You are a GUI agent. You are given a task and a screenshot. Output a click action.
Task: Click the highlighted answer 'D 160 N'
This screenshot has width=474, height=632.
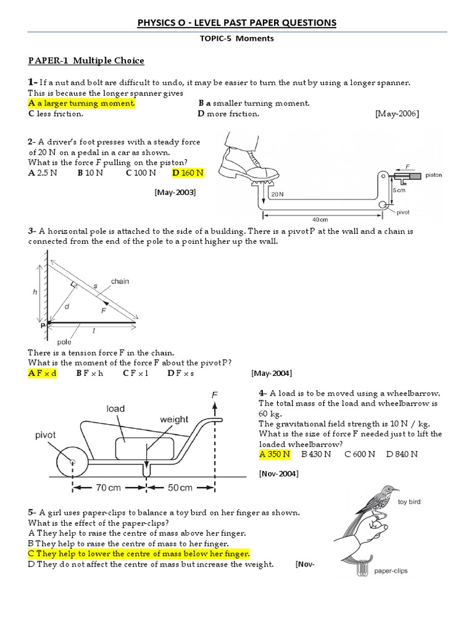pos(188,173)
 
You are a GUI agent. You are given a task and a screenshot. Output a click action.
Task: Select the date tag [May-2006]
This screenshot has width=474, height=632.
pos(397,114)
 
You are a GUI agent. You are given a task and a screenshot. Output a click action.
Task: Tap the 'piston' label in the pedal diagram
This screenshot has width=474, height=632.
pos(433,175)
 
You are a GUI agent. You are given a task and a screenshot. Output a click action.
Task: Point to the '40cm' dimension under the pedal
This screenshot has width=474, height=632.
pos(319,219)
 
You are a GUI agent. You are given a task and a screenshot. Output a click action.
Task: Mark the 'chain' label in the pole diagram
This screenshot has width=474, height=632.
pos(120,281)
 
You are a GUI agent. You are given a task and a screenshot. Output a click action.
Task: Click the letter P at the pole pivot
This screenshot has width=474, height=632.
pos(43,323)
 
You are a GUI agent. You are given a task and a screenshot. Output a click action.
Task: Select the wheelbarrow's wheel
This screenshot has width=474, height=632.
pos(72,461)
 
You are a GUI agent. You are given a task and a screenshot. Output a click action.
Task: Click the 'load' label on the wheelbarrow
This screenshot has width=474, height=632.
pos(115,409)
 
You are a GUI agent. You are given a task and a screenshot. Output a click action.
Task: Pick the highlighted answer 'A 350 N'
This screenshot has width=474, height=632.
pos(275,454)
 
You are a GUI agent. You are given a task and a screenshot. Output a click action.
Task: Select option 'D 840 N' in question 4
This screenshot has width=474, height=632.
pos(402,454)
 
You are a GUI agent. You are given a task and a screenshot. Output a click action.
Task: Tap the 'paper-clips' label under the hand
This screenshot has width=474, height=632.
pos(390,571)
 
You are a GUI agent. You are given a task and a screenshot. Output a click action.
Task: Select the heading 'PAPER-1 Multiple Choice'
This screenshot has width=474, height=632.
pos(86,60)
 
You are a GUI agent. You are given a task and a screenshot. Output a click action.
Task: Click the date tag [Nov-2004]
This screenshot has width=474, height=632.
pos(279,473)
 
